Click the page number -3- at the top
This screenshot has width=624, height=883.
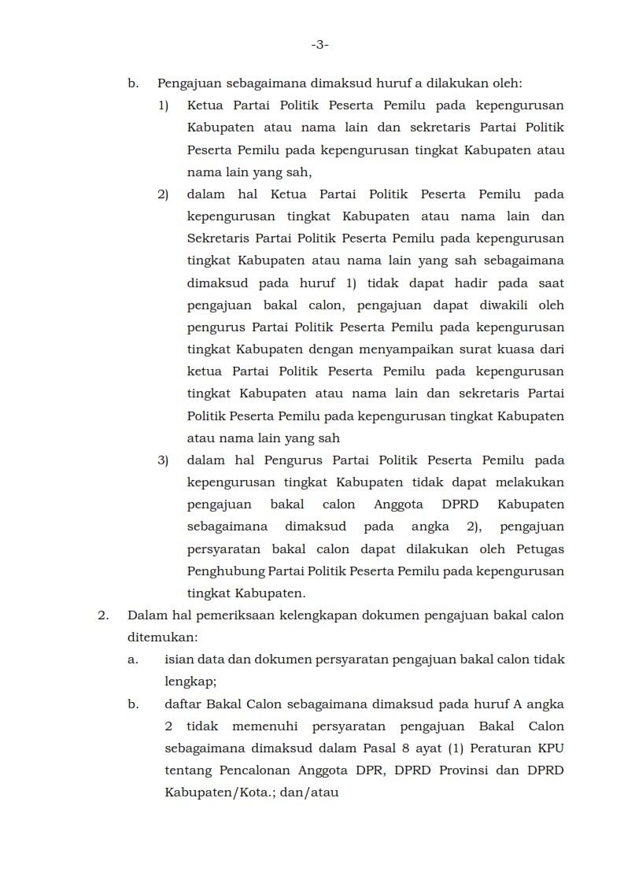point(319,46)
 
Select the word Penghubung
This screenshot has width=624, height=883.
point(222,571)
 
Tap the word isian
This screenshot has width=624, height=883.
point(179,659)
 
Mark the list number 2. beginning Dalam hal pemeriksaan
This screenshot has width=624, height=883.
point(103,615)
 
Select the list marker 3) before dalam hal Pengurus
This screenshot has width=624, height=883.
point(163,460)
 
